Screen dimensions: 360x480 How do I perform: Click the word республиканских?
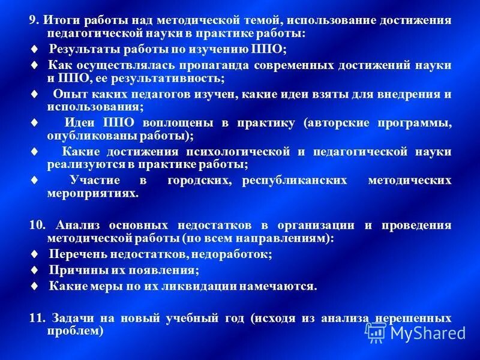[295, 181]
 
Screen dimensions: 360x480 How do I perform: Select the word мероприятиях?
[92, 194]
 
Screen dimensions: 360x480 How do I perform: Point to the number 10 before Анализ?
[37, 225]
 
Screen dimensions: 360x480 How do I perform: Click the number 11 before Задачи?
[37, 317]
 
